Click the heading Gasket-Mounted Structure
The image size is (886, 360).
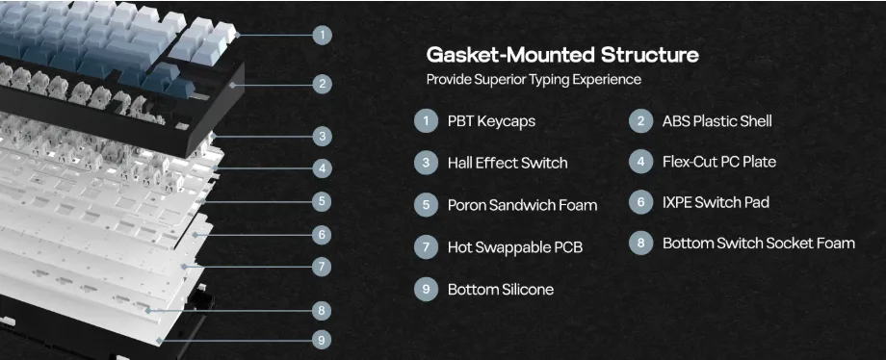tap(562, 56)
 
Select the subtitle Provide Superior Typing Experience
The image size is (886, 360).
tap(534, 79)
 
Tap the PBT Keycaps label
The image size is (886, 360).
tap(491, 121)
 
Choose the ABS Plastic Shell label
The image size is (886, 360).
tap(717, 121)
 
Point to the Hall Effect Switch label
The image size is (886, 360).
tap(508, 164)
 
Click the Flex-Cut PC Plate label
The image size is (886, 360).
tap(718, 163)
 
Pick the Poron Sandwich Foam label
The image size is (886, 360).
tap(522, 205)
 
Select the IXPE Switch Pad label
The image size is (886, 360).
tap(716, 202)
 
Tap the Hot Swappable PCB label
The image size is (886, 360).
tap(515, 247)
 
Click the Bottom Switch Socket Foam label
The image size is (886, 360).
tap(758, 243)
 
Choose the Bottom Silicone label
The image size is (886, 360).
tap(501, 290)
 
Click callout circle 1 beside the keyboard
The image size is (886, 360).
tap(322, 35)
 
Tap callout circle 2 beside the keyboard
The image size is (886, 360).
tap(322, 84)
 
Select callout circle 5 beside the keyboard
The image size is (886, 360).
tap(322, 200)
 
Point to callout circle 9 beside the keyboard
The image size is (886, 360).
tap(322, 340)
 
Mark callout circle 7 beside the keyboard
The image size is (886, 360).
tap(322, 267)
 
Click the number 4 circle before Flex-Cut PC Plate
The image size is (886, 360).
tap(640, 163)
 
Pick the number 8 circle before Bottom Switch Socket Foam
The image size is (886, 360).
tap(640, 243)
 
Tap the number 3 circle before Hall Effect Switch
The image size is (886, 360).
tap(426, 163)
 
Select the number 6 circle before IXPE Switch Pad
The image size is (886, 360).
tap(640, 202)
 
